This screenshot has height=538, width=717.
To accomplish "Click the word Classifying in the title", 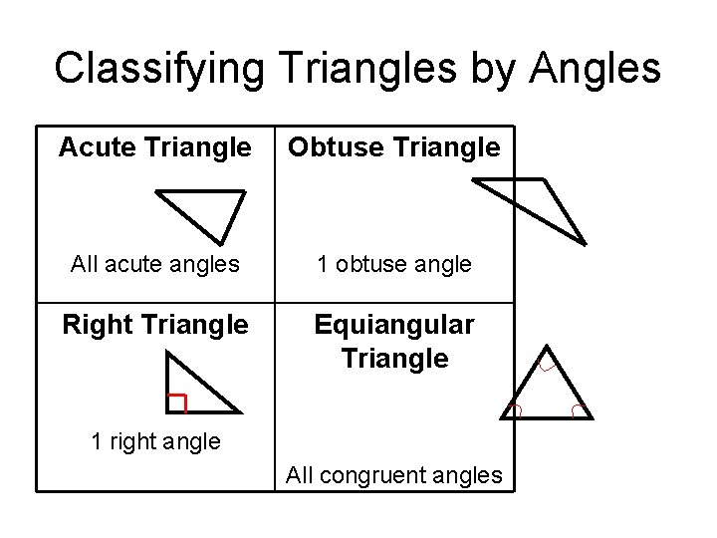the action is (158, 68).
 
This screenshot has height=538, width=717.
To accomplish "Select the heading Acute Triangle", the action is (154, 148).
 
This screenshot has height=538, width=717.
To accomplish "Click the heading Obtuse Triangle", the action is (393, 148).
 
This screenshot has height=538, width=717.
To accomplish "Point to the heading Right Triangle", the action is (154, 325).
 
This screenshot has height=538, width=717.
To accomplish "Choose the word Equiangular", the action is (394, 325).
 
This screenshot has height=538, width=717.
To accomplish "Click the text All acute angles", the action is (154, 265).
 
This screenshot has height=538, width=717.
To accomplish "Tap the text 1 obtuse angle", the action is (394, 265).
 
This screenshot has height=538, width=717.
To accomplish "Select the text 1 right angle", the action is (154, 441).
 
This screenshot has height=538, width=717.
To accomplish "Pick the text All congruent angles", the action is (394, 475).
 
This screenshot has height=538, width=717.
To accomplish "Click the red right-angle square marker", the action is (177, 403).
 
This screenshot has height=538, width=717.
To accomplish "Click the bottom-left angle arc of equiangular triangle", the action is (516, 409).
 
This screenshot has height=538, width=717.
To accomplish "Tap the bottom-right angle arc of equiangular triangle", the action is (578, 409).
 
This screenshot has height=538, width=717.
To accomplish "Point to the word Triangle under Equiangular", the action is (394, 358).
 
